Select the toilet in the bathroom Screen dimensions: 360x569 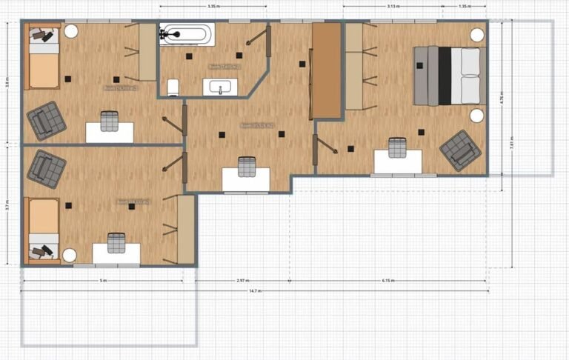point(173,88)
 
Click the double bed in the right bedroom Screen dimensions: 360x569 point(447,76)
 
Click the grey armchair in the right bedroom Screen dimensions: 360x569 point(460,150)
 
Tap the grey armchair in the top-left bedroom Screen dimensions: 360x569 point(46,120)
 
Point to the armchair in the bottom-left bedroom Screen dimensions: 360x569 point(46,167)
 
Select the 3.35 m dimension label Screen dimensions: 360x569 point(213,6)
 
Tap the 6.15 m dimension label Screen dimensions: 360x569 point(388,281)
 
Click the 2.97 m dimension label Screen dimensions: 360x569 point(242,281)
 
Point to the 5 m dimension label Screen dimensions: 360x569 point(103,281)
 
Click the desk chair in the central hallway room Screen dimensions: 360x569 point(247,166)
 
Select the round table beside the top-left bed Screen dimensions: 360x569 point(71,32)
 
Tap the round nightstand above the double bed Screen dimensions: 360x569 point(477,35)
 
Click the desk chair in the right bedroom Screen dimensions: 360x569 point(397,148)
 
